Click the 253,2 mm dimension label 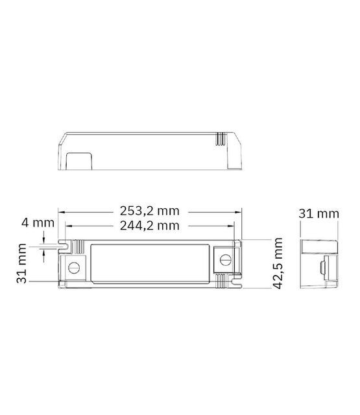[x=149, y=211]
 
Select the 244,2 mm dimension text [x=149, y=226]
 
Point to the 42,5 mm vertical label [x=279, y=264]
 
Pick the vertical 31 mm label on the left [x=23, y=265]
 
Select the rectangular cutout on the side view [x=78, y=160]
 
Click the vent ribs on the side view [x=219, y=138]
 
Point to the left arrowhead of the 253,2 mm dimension [x=61, y=211]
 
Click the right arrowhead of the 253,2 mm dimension [x=240, y=211]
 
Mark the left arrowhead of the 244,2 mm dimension [x=67, y=226]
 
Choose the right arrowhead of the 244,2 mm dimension [x=235, y=226]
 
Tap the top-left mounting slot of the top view [x=64, y=246]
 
